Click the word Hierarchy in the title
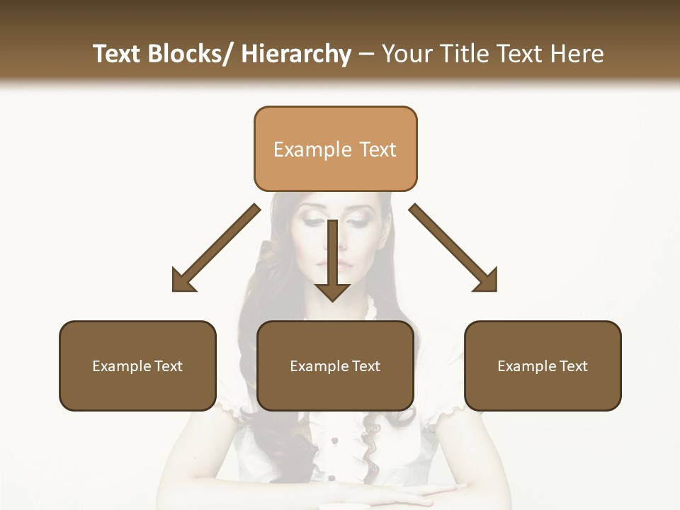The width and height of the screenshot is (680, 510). point(296,54)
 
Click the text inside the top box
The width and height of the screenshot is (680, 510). point(335,149)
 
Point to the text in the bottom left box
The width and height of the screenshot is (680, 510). point(137,366)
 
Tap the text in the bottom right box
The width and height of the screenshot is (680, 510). point(543,366)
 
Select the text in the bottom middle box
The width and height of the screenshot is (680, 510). point(335,366)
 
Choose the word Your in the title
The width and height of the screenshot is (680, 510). point(407,54)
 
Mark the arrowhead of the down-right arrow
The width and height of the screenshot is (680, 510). point(486,280)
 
